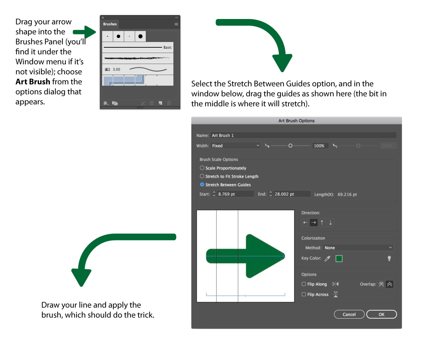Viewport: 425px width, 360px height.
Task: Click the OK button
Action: tap(381, 314)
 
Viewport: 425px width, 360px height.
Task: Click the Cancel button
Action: tap(349, 314)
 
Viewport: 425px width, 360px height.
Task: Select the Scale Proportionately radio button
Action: tap(202, 168)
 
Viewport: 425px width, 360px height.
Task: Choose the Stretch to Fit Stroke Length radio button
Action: tap(202, 176)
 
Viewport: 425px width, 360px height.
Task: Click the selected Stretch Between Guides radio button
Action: tap(202, 185)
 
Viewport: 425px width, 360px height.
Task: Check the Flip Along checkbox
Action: tap(304, 284)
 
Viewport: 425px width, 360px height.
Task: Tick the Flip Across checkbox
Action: tap(304, 294)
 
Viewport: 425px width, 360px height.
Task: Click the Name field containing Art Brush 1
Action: tap(303, 135)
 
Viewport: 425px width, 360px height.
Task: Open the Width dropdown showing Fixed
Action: tap(235, 146)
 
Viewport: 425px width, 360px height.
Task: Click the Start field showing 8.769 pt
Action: tap(235, 194)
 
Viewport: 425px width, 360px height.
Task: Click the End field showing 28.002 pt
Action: tap(292, 194)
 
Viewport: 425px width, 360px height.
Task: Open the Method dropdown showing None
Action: tap(358, 248)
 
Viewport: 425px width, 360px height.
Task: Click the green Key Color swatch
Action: tap(339, 258)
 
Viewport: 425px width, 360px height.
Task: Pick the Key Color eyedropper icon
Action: tap(327, 258)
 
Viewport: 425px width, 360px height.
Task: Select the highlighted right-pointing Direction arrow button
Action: tap(314, 223)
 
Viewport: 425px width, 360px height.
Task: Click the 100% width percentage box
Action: tap(319, 146)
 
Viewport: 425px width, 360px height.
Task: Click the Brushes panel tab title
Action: tap(110, 24)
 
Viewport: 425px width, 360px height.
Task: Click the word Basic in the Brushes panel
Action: tap(167, 47)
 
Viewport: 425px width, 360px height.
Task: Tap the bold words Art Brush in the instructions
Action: tap(33, 82)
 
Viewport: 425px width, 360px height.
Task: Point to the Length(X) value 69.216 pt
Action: tap(347, 194)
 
